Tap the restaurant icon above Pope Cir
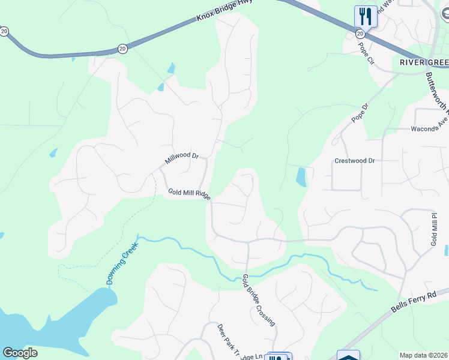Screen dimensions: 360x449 [366, 16]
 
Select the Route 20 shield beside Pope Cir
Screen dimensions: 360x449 [360, 34]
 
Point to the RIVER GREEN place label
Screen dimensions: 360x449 [424, 62]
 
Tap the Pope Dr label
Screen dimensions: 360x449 [359, 113]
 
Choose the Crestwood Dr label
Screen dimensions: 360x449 [354, 161]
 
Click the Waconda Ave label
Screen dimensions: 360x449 [429, 124]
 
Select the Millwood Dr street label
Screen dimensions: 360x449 [181, 158]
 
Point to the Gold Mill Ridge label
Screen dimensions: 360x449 [188, 194]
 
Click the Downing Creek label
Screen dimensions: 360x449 [122, 263]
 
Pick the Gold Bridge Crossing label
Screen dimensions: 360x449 [259, 300]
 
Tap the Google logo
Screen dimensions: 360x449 [20, 353]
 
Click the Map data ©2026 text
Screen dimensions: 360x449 [424, 355]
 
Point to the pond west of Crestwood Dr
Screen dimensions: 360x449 [301, 177]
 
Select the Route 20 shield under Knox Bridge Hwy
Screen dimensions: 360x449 [122, 49]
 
